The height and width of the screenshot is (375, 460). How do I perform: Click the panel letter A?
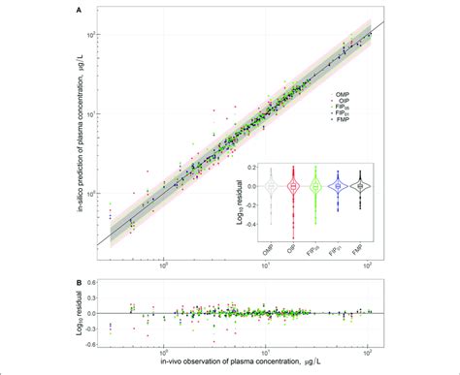[79, 12]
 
